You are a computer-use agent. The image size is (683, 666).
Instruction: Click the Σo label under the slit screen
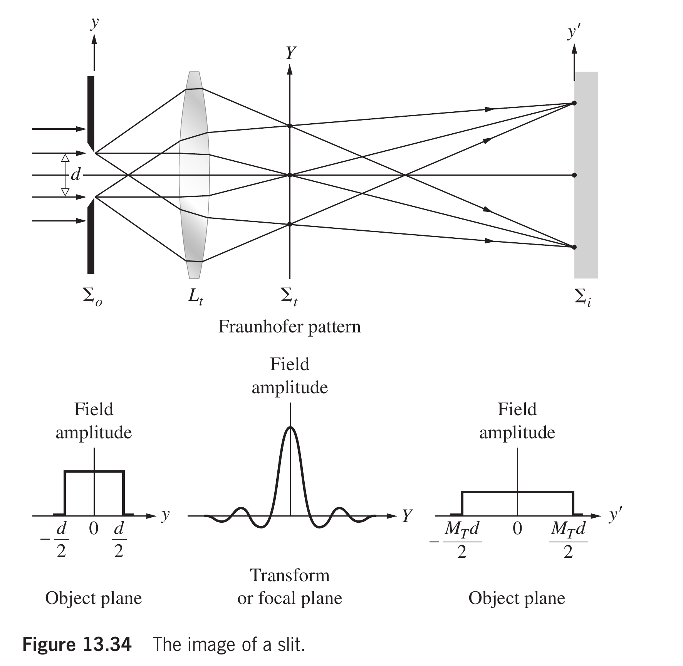point(92,297)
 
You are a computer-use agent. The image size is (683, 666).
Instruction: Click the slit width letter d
point(76,175)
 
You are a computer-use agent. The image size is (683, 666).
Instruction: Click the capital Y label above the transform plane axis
point(291,53)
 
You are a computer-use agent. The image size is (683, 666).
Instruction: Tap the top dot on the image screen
point(574,103)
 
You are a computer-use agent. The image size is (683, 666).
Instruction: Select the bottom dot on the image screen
point(574,247)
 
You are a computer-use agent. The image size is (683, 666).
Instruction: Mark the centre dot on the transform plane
point(290,175)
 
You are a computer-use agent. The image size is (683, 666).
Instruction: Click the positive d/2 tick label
point(119,540)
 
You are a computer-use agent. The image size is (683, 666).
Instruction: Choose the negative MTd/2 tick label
point(458,540)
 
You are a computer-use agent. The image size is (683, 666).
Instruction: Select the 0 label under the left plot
point(94,528)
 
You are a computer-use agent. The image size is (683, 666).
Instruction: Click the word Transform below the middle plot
point(290,575)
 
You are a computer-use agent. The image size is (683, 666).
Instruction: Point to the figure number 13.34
point(106,644)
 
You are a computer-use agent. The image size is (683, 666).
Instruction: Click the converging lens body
point(195,175)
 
